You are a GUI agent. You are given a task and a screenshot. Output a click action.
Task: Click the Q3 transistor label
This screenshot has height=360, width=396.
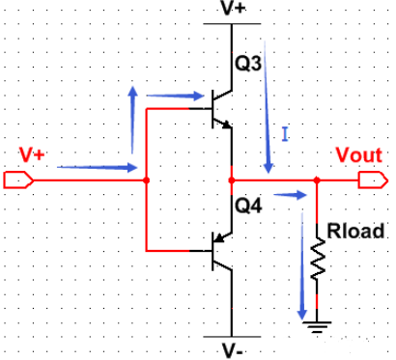pyautogui.click(x=248, y=64)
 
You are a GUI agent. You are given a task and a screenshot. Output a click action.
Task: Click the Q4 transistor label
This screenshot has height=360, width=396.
pyautogui.click(x=248, y=206)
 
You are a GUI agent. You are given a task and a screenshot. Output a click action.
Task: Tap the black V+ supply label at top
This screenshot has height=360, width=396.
pyautogui.click(x=234, y=8)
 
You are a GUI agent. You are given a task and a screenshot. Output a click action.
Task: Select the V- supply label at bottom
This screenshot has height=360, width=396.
pyautogui.click(x=233, y=350)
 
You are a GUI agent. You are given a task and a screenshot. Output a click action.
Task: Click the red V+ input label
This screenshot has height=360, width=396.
pyautogui.click(x=32, y=154)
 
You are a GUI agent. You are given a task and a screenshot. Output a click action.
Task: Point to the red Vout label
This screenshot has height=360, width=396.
pyautogui.click(x=359, y=155)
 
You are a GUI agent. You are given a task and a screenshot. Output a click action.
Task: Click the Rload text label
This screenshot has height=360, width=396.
pyautogui.click(x=355, y=231)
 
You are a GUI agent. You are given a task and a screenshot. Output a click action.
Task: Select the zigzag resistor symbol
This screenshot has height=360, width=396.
pyautogui.click(x=317, y=259)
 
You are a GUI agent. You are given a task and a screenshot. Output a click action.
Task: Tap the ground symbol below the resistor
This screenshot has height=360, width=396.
pyautogui.click(x=317, y=326)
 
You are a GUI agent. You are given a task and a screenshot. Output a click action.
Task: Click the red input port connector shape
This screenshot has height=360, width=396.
pyautogui.click(x=18, y=180)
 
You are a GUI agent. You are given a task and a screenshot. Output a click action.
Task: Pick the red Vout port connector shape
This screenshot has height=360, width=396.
pyautogui.click(x=373, y=180)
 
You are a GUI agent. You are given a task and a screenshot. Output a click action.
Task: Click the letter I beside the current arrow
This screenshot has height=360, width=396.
pyautogui.click(x=285, y=134)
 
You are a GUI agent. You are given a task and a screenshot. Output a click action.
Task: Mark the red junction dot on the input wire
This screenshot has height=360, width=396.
pyautogui.click(x=146, y=180)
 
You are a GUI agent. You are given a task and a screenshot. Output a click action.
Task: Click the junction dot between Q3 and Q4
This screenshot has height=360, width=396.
pyautogui.click(x=232, y=180)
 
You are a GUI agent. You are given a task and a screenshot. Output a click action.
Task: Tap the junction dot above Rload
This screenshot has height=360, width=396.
pyautogui.click(x=317, y=180)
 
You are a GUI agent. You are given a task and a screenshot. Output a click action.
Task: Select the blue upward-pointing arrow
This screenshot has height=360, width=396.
pyautogui.click(x=132, y=120)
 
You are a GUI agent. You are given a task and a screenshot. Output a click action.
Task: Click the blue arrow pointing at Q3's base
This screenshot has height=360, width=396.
pyautogui.click(x=175, y=96)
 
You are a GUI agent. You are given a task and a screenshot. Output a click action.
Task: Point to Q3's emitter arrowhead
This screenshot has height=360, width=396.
pyautogui.click(x=227, y=125)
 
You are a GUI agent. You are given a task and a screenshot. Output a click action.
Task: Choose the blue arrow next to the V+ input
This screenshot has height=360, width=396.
pyautogui.click(x=98, y=167)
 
